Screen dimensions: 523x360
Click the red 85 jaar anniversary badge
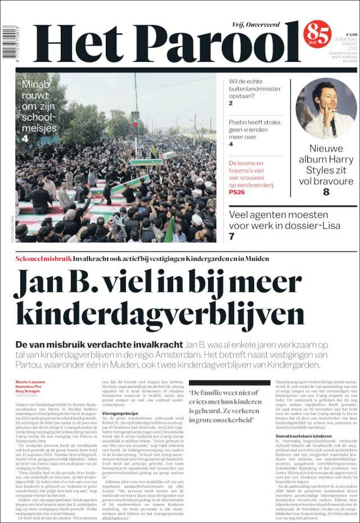click(317, 34)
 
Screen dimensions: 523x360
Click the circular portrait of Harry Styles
click(326, 108)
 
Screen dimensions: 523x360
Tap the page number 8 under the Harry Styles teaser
click(326, 192)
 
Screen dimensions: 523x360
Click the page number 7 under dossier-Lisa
click(231, 236)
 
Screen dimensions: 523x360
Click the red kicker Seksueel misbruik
click(43, 258)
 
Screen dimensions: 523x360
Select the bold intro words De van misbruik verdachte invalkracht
click(99, 344)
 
